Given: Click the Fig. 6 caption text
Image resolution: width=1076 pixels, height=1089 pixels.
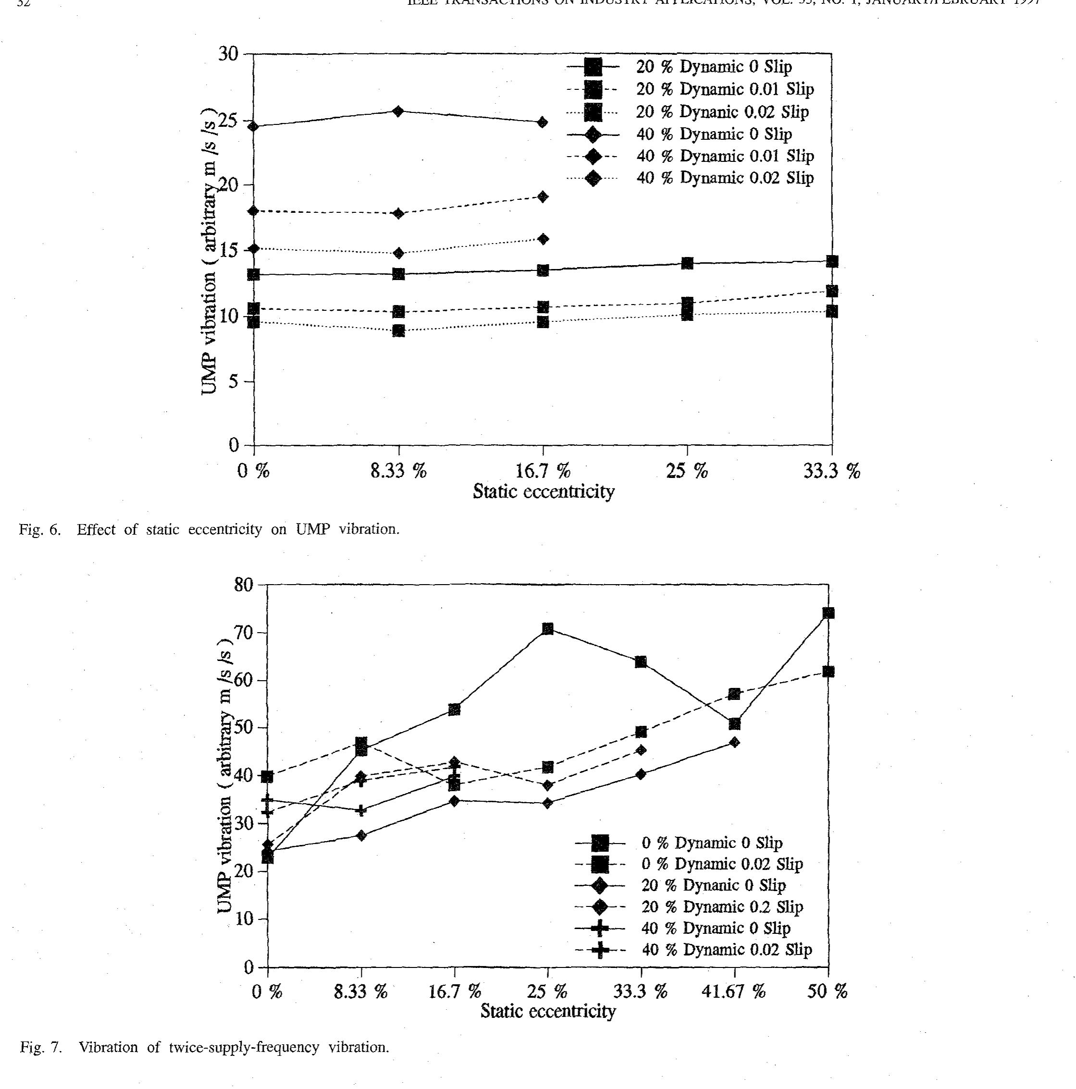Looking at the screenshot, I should point(209,529).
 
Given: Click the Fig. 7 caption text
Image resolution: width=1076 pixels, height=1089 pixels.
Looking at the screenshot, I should point(204,1047).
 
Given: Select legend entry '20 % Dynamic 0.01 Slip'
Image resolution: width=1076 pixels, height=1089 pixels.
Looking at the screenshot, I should point(725,89).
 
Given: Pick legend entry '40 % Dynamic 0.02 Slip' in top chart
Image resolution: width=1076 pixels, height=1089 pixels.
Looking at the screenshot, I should point(725,178).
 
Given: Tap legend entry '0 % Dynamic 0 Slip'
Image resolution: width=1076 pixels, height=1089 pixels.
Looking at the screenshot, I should point(712,843).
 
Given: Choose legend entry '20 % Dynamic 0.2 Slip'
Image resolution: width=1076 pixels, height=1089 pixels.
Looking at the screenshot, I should point(722,906).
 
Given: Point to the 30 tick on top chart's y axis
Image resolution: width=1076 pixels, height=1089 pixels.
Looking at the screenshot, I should point(228,55).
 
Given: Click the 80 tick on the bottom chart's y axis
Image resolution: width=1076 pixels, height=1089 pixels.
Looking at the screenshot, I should point(244,585).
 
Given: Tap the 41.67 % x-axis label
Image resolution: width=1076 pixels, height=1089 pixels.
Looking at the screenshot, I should point(733,991).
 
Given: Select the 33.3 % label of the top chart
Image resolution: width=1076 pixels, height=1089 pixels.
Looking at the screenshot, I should point(831,471).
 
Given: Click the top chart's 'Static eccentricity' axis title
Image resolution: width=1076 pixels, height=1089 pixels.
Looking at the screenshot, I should point(543,491).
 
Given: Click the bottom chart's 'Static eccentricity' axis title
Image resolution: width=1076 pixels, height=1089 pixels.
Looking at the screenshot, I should point(547,1011).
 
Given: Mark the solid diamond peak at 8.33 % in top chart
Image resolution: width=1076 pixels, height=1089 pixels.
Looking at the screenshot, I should point(398,111).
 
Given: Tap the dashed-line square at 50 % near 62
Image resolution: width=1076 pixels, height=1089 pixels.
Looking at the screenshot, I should point(829,672).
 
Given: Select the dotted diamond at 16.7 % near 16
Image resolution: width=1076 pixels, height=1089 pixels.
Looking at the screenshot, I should point(543,239).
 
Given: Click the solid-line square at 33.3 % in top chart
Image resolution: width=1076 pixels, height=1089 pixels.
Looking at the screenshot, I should point(832,261).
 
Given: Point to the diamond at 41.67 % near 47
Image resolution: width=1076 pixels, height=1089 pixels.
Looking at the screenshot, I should point(734,742).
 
